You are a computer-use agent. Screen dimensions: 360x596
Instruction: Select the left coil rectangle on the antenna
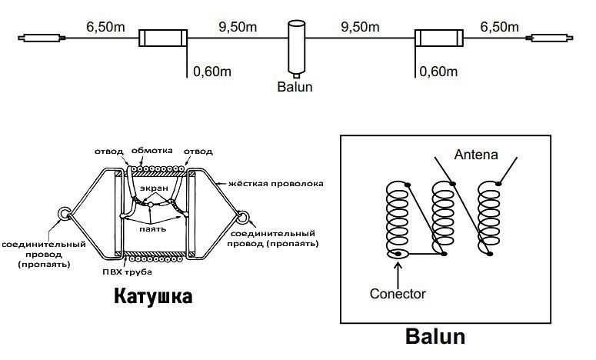pos(163,38)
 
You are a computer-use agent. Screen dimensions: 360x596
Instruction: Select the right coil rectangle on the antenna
pos(438,38)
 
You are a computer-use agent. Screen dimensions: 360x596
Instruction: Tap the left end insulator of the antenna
pos(41,37)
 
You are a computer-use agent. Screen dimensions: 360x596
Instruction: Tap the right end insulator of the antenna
pos(550,37)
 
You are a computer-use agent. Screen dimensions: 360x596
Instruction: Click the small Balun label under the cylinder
pos(295,87)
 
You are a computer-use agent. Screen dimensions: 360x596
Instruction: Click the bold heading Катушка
pos(153,296)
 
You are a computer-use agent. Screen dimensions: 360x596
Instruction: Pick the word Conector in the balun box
pos(398,293)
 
